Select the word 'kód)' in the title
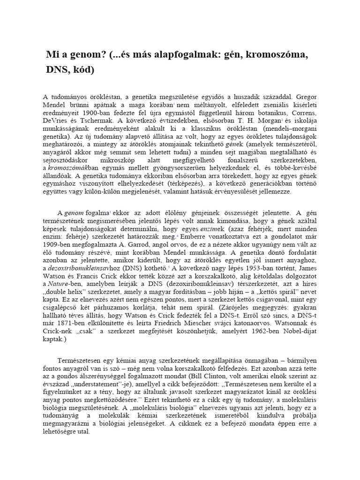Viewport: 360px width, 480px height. click(x=82, y=70)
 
